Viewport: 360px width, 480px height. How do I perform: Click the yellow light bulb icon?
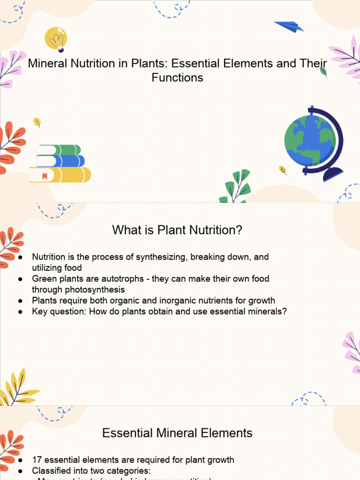(x=56, y=39)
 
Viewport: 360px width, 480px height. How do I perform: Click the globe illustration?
(x=310, y=140)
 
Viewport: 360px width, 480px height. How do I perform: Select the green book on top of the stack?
(x=60, y=150)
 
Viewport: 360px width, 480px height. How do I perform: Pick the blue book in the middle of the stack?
(x=61, y=161)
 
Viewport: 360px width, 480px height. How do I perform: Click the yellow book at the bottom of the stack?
(x=60, y=175)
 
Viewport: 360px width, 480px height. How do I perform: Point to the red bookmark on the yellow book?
(x=45, y=176)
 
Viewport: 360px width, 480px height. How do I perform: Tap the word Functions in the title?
(x=177, y=78)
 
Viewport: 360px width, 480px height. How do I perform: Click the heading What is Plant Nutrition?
(x=177, y=231)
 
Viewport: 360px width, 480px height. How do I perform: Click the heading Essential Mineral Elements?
(x=177, y=433)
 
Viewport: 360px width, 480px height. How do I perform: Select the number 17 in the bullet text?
(x=37, y=460)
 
